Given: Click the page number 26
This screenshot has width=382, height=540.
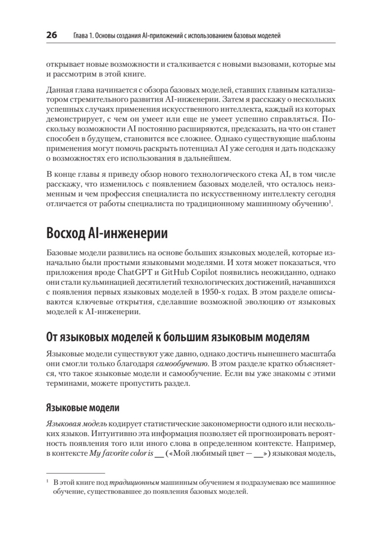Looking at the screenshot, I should click(x=51, y=36).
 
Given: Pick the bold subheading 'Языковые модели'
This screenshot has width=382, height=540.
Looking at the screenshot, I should click(x=83, y=408).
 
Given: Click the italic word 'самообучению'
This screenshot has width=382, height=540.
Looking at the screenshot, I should click(x=177, y=364).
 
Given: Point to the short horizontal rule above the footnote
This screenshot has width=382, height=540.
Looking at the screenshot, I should click(x=75, y=473).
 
